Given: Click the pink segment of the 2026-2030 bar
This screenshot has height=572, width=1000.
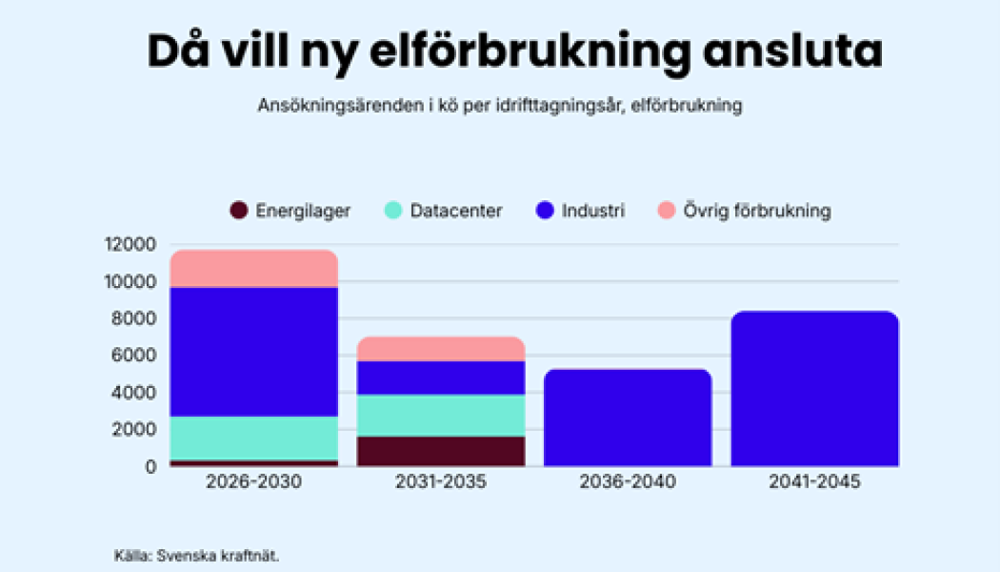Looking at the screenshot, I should (253, 268).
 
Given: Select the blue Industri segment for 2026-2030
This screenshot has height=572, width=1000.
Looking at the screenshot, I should (253, 351).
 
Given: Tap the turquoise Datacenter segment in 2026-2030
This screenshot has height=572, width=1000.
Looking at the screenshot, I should (253, 438).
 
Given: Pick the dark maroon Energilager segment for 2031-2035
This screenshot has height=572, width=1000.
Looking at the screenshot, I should (441, 451).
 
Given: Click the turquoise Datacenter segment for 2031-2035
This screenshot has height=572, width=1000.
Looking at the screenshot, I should (441, 415).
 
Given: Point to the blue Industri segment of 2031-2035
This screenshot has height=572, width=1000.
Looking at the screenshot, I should (441, 378).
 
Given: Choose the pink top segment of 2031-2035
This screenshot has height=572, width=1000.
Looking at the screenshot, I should (441, 348).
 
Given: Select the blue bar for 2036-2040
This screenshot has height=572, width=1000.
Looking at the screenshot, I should (628, 418).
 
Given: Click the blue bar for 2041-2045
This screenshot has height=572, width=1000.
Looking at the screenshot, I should (814, 389).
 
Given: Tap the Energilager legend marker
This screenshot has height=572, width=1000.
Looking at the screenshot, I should (239, 211).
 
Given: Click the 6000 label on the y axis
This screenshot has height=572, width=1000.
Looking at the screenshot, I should (132, 356).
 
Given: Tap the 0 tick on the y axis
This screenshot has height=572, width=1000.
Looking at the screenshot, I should (150, 466).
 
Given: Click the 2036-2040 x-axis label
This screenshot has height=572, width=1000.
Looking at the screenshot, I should (628, 482).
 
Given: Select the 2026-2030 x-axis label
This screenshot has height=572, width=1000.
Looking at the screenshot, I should (253, 482).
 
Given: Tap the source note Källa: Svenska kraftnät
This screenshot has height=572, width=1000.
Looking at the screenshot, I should (195, 555).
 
